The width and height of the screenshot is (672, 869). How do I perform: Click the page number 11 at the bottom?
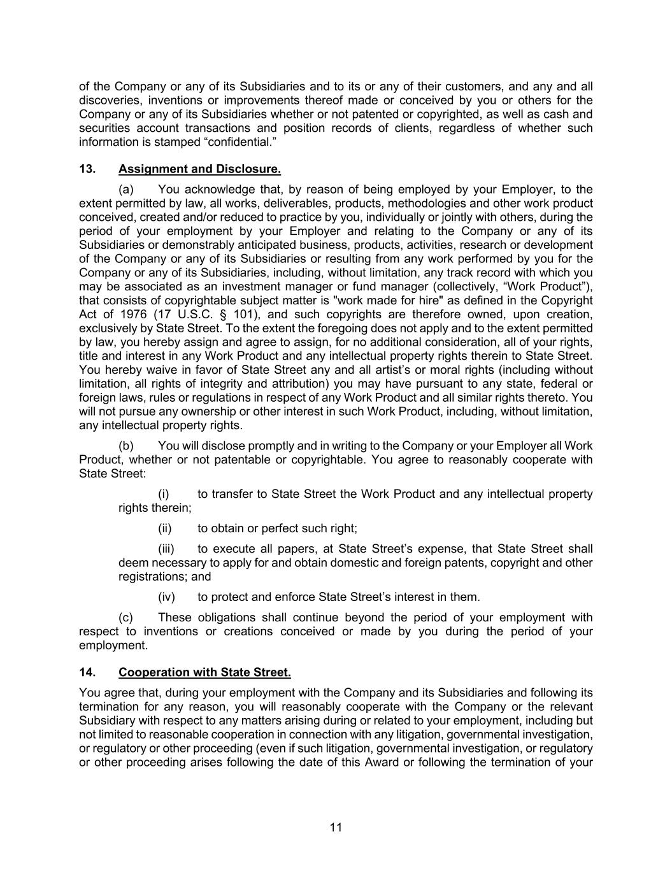[336, 828]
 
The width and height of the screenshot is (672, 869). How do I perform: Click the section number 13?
[87, 169]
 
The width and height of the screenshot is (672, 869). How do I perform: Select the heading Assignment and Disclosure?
[199, 169]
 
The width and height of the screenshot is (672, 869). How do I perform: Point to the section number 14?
[87, 672]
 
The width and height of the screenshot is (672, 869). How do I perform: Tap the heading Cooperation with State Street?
[204, 672]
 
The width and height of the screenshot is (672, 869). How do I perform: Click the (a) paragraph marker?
[126, 190]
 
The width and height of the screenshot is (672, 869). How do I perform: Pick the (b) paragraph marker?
[126, 446]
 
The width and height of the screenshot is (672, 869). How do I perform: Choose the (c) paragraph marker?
[126, 618]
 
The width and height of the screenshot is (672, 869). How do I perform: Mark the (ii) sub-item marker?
[165, 528]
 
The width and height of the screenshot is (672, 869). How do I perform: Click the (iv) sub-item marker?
[166, 597]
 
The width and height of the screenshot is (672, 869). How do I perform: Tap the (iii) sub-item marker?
[166, 549]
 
